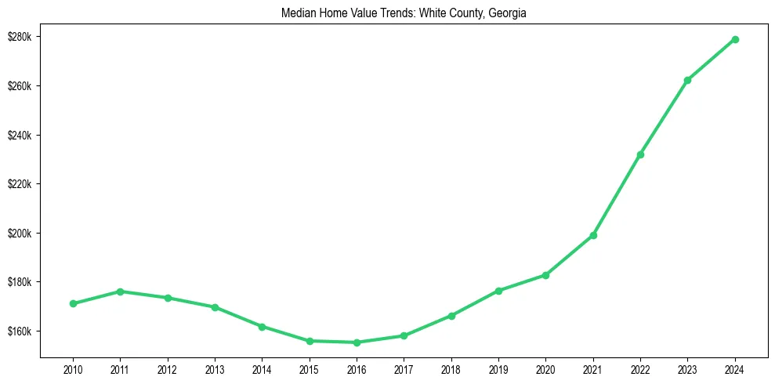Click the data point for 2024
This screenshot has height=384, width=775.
pos(735,39)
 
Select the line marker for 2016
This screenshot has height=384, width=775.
pos(357,342)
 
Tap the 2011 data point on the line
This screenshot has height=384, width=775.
pos(120,292)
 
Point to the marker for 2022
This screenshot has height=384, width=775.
pos(640,154)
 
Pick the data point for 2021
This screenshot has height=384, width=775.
pos(593,235)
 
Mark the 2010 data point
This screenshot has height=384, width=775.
pos(73,303)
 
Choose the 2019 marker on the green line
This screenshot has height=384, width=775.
pos(498,291)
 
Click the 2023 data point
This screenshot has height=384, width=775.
pos(687,80)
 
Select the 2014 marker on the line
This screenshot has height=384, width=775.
pos(262,326)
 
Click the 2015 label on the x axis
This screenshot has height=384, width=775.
pos(310,368)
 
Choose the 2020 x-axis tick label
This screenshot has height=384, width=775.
pos(545,368)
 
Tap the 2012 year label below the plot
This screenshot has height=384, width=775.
pos(168,368)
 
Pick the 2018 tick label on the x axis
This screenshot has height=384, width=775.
pos(451,368)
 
